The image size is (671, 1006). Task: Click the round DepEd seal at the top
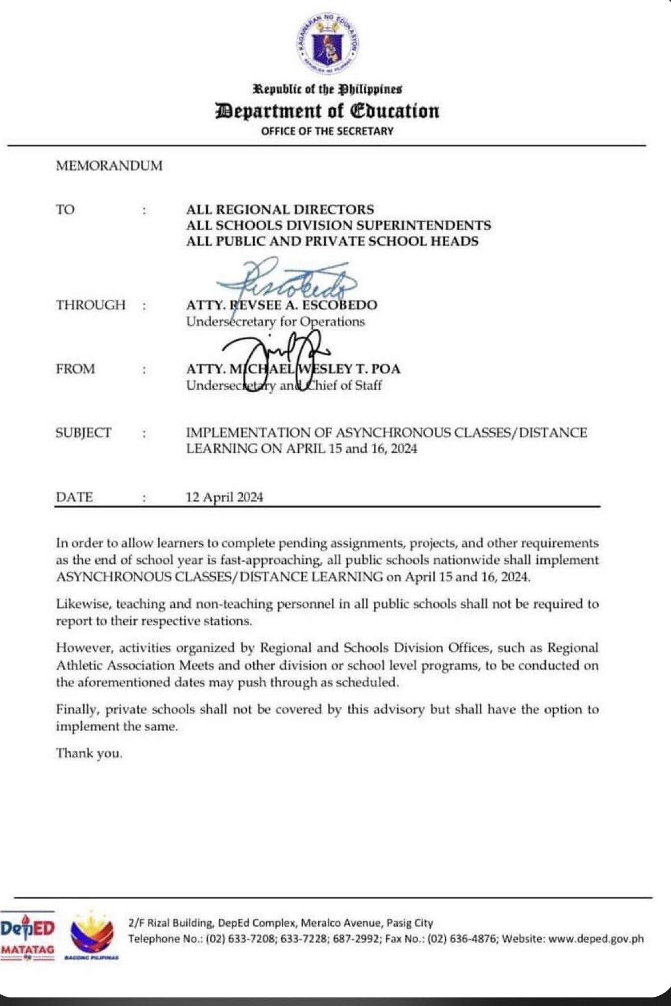pyautogui.click(x=328, y=43)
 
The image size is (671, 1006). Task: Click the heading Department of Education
pyautogui.click(x=327, y=110)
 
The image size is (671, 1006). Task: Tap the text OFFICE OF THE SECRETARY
pyautogui.click(x=327, y=131)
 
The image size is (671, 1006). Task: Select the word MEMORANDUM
pyautogui.click(x=109, y=166)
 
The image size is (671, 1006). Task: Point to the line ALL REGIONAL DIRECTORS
pyautogui.click(x=280, y=209)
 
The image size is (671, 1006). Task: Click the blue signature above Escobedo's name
pyautogui.click(x=285, y=279)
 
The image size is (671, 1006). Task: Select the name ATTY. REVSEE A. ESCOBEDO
pyautogui.click(x=282, y=305)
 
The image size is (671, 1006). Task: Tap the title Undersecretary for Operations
pyautogui.click(x=275, y=321)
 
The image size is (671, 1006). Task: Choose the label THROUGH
pyautogui.click(x=90, y=305)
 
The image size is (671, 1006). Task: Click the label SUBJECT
pyautogui.click(x=84, y=432)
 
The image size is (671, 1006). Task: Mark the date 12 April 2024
pyautogui.click(x=225, y=497)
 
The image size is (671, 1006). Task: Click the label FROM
pyautogui.click(x=76, y=369)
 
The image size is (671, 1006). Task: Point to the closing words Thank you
pyautogui.click(x=89, y=753)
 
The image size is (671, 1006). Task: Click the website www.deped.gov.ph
pyautogui.click(x=597, y=939)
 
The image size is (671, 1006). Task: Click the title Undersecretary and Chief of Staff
pyautogui.click(x=284, y=385)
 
